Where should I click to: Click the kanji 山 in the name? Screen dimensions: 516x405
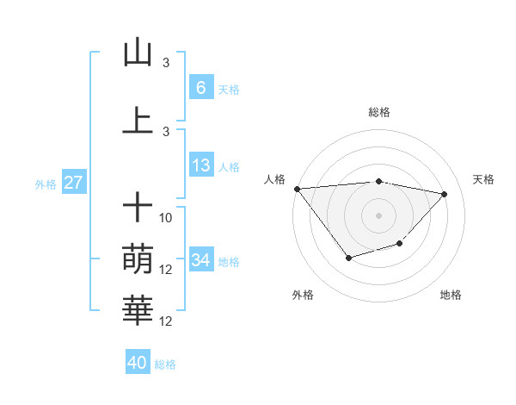(138, 53)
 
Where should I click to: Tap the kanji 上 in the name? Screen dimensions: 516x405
(138, 121)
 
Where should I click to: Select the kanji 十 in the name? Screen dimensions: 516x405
(138, 208)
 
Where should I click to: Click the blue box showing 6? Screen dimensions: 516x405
(200, 88)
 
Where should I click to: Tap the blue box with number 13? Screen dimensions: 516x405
(200, 165)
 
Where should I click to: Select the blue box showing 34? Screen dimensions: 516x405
(200, 259)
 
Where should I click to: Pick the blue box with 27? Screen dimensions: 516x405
(73, 183)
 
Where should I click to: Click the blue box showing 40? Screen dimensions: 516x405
(138, 363)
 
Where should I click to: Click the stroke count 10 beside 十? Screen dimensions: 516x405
(166, 218)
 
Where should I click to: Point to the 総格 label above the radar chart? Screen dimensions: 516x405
(379, 112)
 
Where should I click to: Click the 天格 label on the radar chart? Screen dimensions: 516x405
(484, 179)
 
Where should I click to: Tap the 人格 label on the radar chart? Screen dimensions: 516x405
(274, 179)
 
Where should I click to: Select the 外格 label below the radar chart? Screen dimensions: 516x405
(303, 295)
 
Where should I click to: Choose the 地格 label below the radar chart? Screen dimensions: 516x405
(451, 295)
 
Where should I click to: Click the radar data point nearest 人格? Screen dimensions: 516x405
(297, 189)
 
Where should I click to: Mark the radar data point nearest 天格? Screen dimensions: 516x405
(445, 194)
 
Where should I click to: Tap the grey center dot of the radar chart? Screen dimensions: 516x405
(379, 215)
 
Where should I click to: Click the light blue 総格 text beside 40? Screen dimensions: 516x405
(165, 364)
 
